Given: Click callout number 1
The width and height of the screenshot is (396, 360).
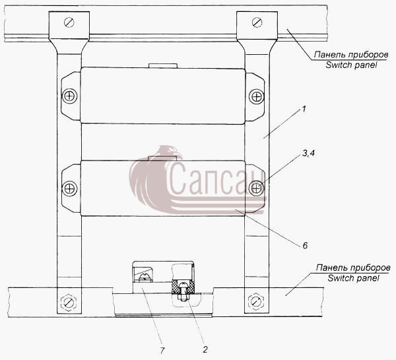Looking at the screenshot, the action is click(304, 110).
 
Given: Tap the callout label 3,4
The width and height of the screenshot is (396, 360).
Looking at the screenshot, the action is click(308, 153).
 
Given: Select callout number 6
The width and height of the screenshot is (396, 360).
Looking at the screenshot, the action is click(305, 246).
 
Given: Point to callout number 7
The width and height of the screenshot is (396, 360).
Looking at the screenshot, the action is click(162, 350).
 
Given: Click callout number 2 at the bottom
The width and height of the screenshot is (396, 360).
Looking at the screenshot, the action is click(205, 349).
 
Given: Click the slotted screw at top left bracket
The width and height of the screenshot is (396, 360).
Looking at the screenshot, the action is click(69, 22).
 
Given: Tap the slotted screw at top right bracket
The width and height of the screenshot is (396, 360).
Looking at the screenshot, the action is click(257, 22).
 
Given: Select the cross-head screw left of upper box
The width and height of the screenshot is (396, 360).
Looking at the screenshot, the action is click(69, 96).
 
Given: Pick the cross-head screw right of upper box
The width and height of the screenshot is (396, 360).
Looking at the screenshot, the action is click(257, 96).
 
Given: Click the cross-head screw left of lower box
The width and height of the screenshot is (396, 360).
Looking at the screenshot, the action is click(69, 188).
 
